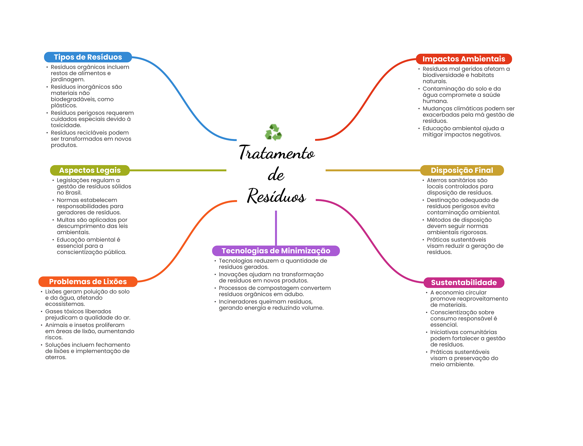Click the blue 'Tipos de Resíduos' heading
click(88, 57)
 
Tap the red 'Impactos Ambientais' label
click(463, 59)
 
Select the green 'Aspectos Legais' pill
click(90, 170)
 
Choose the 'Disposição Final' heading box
click(462, 170)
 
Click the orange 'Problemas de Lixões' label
click(88, 282)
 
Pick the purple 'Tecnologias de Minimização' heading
click(276, 251)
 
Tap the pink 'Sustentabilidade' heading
click(463, 283)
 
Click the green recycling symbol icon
click(273, 132)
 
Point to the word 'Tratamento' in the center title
click(277, 153)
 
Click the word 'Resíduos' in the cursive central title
click(276, 196)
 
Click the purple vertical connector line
click(276, 227)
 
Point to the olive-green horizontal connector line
click(178, 170)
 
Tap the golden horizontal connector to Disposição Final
click(373, 170)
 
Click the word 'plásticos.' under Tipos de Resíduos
click(64, 105)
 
